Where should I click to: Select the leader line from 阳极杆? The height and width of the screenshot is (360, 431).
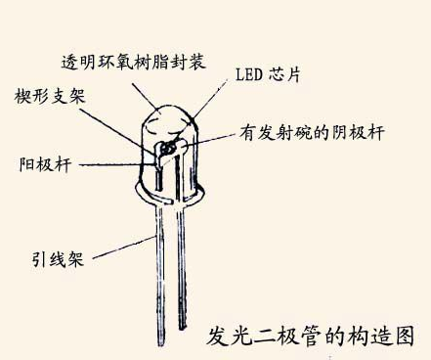(108, 163)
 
